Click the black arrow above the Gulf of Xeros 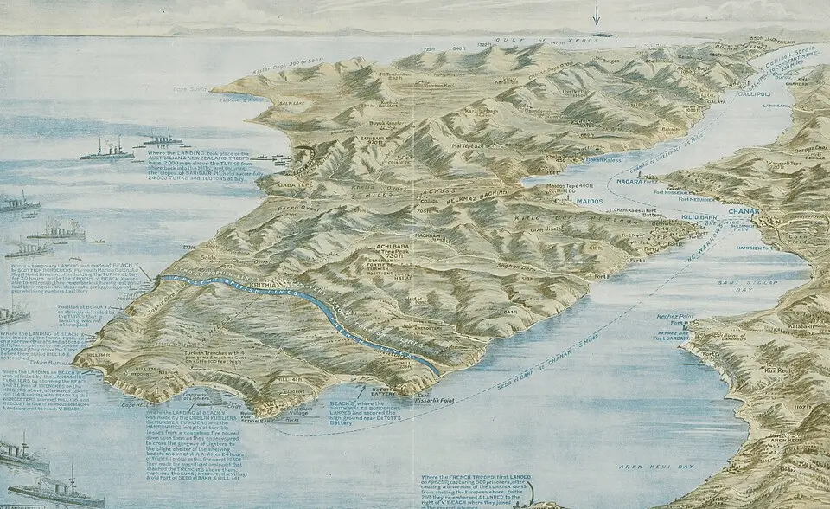point(596,15)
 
